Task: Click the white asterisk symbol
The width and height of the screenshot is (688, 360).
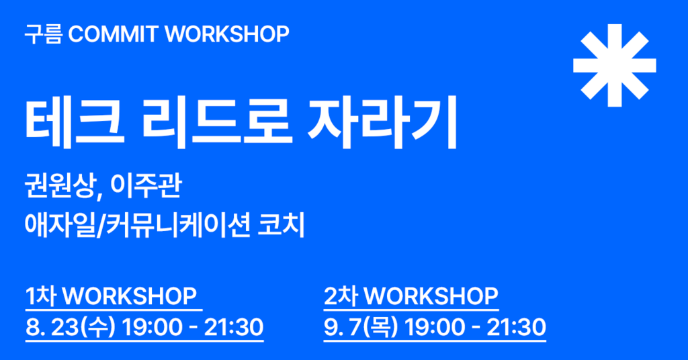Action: pyautogui.click(x=614, y=65)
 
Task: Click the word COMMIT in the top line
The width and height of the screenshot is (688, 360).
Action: pyautogui.click(x=113, y=34)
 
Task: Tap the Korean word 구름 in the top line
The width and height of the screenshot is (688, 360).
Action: pyautogui.click(x=44, y=34)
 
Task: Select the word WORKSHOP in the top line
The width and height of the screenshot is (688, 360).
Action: pyautogui.click(x=227, y=34)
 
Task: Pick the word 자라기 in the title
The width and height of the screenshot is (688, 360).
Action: pyautogui.click(x=382, y=121)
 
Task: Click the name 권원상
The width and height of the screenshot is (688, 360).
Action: pyautogui.click(x=62, y=186)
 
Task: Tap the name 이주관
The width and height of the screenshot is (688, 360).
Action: pyautogui.click(x=146, y=186)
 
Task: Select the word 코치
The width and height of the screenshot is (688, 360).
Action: pyautogui.click(x=282, y=226)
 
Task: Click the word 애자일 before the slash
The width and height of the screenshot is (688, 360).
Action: pyautogui.click(x=60, y=226)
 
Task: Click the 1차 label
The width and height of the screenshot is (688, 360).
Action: pyautogui.click(x=41, y=296)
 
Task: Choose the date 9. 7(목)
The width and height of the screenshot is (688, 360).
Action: pyautogui.click(x=361, y=327)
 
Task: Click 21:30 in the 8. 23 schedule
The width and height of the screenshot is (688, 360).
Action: pyautogui.click(x=233, y=327)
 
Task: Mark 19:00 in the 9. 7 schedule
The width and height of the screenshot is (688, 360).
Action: pyautogui.click(x=433, y=327)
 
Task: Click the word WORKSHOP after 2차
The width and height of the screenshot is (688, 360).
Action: pyautogui.click(x=431, y=296)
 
